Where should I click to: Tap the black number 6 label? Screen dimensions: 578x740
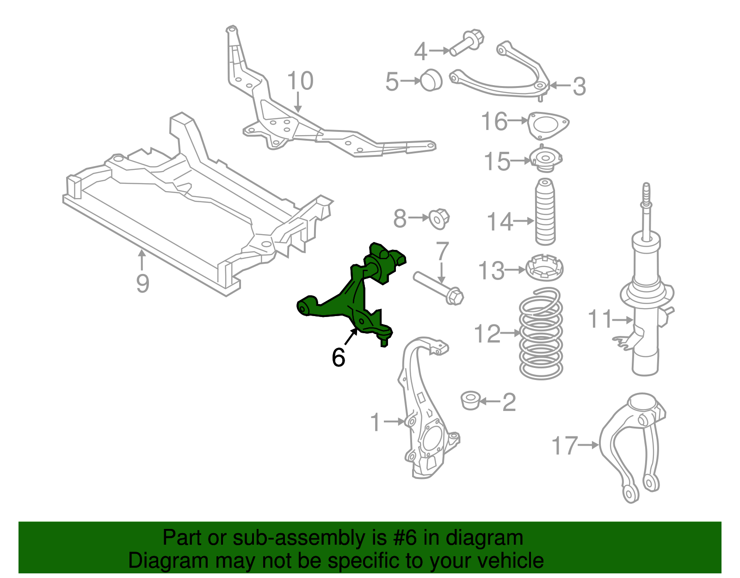coord(339,357)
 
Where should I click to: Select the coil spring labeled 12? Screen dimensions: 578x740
coord(541,333)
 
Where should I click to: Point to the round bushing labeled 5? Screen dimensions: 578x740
coord(431,80)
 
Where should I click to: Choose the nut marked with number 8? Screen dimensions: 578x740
coord(438,218)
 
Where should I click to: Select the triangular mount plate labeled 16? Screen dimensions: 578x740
coord(549,124)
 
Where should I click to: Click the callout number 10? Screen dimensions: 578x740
coord(300,81)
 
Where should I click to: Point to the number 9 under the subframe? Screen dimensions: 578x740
coord(142,283)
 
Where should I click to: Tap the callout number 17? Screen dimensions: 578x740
coord(565,446)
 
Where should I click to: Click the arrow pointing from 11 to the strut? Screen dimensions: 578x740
coord(623,319)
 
